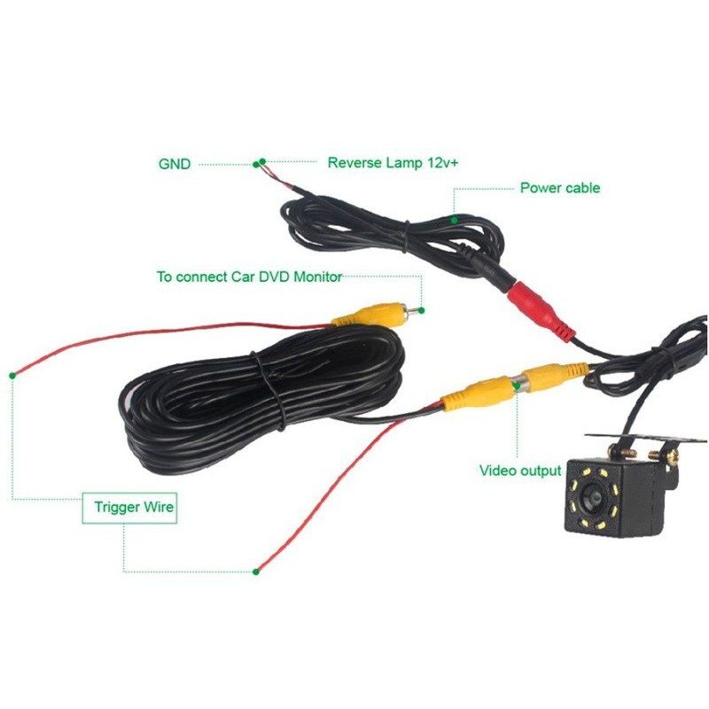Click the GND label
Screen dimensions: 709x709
coord(175,164)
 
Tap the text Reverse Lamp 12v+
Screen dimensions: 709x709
coord(393,163)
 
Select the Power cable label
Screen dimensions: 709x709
coord(559,188)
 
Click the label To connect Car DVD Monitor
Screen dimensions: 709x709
coord(249,277)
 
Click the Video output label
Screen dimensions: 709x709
coord(520,471)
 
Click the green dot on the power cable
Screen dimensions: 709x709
coord(453,218)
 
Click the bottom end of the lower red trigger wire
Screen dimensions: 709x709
coord(257,570)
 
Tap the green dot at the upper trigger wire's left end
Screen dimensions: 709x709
coord(14,375)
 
